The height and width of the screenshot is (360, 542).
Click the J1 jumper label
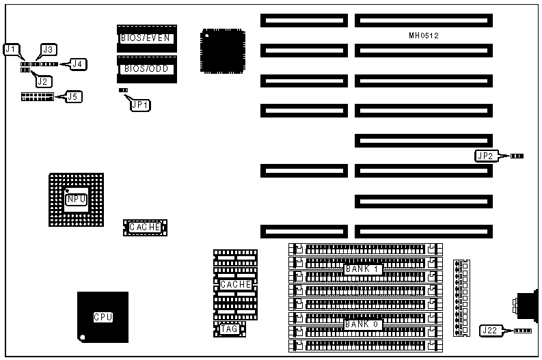(11, 49)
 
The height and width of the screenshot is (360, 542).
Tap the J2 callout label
(42, 81)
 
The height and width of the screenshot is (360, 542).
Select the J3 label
(49, 49)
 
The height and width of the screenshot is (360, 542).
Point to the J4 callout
(79, 64)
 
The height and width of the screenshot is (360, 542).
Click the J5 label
(73, 97)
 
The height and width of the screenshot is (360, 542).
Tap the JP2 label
(485, 156)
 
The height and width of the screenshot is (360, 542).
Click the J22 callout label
(489, 331)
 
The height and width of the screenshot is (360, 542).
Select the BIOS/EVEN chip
(146, 38)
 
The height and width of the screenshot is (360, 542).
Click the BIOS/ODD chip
(146, 68)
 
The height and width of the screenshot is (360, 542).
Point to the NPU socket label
(76, 199)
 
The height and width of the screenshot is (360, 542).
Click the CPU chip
(103, 317)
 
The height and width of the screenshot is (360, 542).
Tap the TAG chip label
(229, 329)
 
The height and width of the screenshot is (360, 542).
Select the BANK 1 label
(362, 269)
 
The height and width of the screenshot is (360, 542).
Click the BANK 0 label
(362, 324)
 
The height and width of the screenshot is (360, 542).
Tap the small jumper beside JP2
(517, 156)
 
